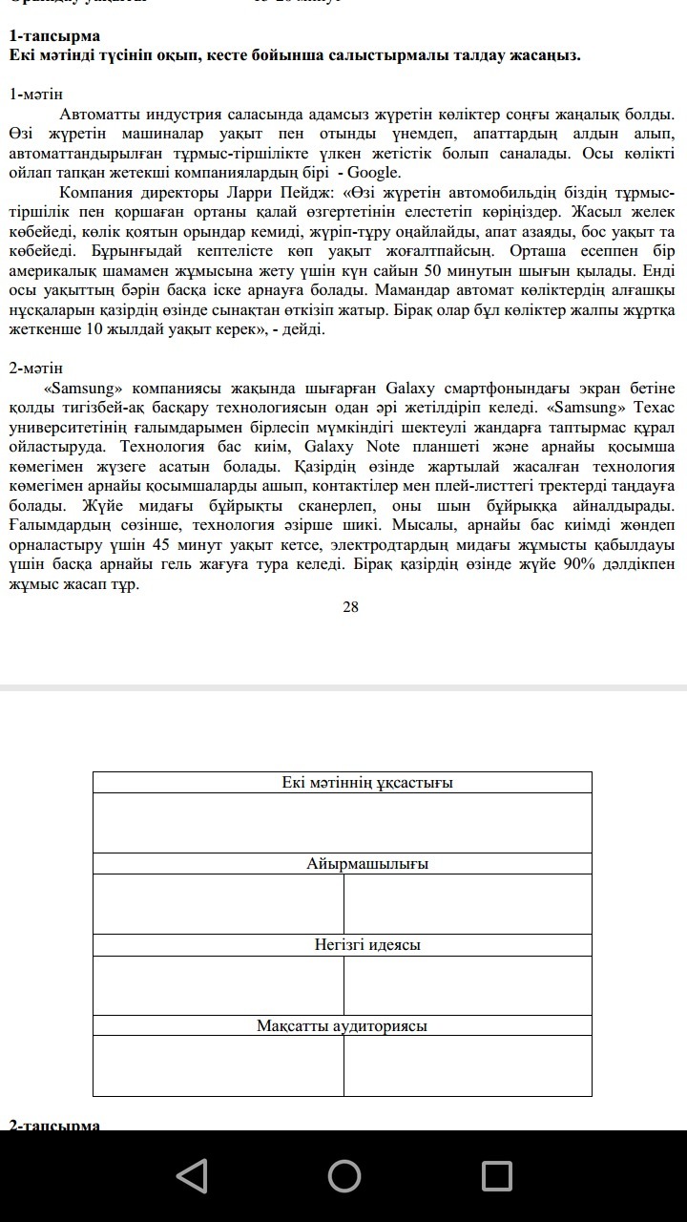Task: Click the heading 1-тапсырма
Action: (x=54, y=35)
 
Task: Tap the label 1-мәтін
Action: (x=36, y=95)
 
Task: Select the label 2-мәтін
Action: (x=36, y=368)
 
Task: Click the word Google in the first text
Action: (x=373, y=173)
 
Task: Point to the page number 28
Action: (x=350, y=606)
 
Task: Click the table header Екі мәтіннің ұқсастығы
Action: (x=367, y=783)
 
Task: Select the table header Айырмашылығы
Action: (x=367, y=864)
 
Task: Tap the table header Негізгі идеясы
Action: (x=367, y=945)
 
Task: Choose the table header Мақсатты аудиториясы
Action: (x=342, y=1026)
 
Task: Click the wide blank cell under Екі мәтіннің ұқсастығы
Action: (x=342, y=823)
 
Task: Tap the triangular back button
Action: (x=192, y=1175)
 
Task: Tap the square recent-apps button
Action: (x=496, y=1175)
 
